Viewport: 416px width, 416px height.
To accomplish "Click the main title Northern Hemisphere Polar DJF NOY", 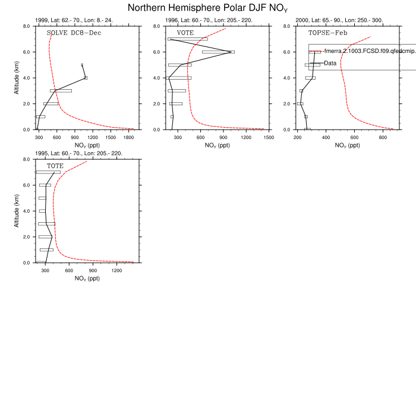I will (208, 8).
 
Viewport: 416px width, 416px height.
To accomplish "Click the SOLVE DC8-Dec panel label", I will (73, 33).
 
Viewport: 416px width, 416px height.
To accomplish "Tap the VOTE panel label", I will (185, 33).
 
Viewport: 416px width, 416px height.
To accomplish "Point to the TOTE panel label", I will (55, 166).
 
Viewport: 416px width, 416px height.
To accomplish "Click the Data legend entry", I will (330, 63).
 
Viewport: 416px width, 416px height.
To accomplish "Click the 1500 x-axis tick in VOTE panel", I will (268, 137).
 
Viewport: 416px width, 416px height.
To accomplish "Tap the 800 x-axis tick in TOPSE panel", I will (383, 137).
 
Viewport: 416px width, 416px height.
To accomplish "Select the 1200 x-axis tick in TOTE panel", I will (116, 270).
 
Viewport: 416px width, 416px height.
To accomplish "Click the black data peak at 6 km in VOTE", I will (231, 52).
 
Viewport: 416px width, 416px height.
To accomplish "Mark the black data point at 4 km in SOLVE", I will (86, 78).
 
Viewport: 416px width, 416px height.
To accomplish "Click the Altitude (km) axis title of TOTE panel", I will (17, 211).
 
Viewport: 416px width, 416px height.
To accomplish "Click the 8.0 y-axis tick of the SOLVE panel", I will (27, 26).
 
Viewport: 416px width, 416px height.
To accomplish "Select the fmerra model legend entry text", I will (368, 52).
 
